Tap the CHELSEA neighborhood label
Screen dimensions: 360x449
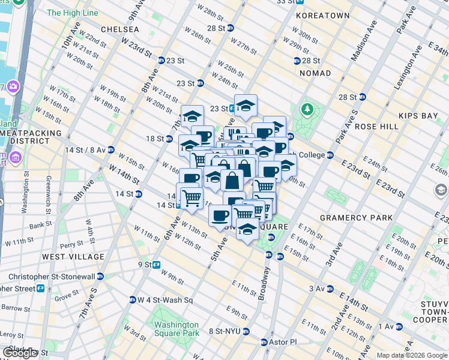(120, 29)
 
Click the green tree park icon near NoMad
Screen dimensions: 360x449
(308, 109)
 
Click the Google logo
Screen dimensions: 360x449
(20, 353)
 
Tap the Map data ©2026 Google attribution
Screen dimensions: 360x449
(412, 355)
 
